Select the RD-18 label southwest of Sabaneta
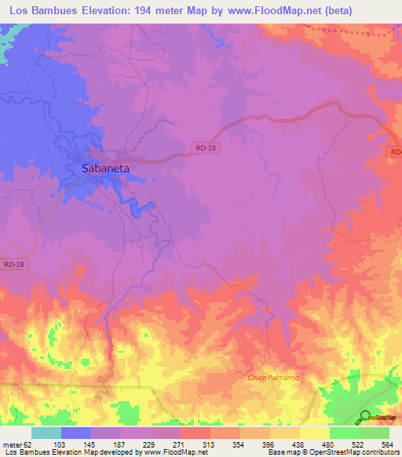tap(14, 265)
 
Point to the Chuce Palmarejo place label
tap(275, 378)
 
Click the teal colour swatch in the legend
tap(46, 433)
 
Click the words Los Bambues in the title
tap(38, 11)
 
